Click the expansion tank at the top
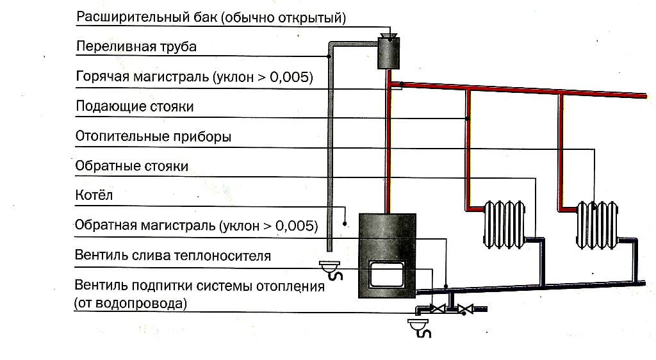click(388, 53)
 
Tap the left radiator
click(504, 225)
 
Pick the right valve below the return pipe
click(469, 309)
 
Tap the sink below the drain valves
click(421, 327)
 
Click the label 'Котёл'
click(94, 195)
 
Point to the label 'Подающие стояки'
click(135, 106)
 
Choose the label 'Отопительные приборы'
click(153, 136)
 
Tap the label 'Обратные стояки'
click(132, 166)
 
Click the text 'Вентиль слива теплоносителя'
click(173, 256)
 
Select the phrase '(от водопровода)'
click(131, 303)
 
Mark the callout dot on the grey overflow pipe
click(329, 56)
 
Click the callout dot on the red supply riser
click(468, 119)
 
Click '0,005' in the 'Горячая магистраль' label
click(292, 77)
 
